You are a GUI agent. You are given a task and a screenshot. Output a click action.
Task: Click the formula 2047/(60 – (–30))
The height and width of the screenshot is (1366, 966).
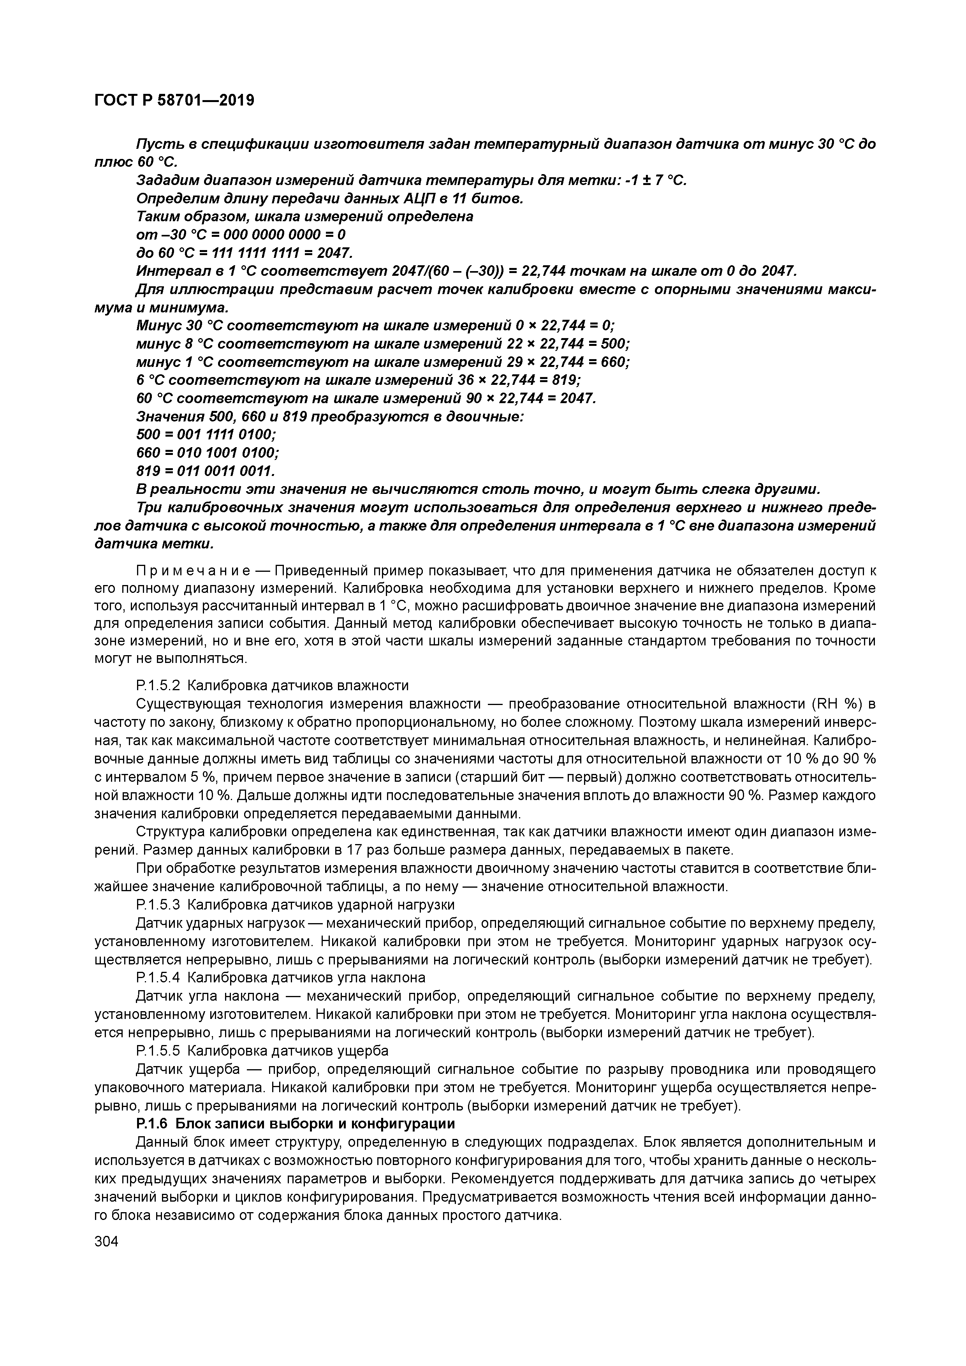(x=449, y=271)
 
